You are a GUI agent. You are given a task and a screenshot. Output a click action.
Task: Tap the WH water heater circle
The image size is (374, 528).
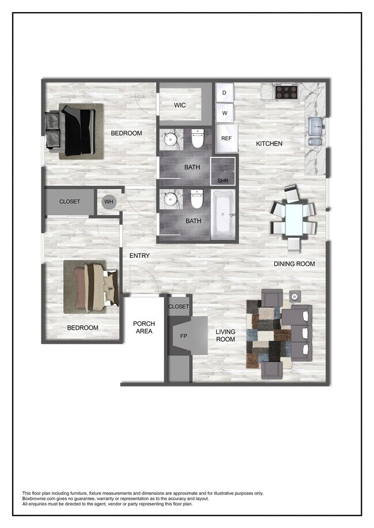108,202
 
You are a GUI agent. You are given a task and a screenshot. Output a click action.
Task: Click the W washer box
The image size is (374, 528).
224,113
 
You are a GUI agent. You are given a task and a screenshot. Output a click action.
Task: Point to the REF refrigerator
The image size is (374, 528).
226,138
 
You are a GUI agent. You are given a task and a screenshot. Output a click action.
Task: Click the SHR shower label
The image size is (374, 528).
223,181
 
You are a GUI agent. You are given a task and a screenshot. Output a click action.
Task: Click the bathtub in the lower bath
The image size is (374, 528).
223,215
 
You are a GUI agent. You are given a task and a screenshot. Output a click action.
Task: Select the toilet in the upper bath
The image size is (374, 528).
197,138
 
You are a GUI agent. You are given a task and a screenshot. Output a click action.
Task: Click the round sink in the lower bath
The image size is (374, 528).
171,199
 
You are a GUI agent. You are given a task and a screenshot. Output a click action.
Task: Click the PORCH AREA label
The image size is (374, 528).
143,327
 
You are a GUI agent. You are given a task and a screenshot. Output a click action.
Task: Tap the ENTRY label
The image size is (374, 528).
139,256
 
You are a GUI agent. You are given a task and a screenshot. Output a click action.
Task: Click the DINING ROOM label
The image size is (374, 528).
294,264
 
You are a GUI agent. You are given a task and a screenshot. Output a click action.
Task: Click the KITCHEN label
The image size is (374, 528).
269,144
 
